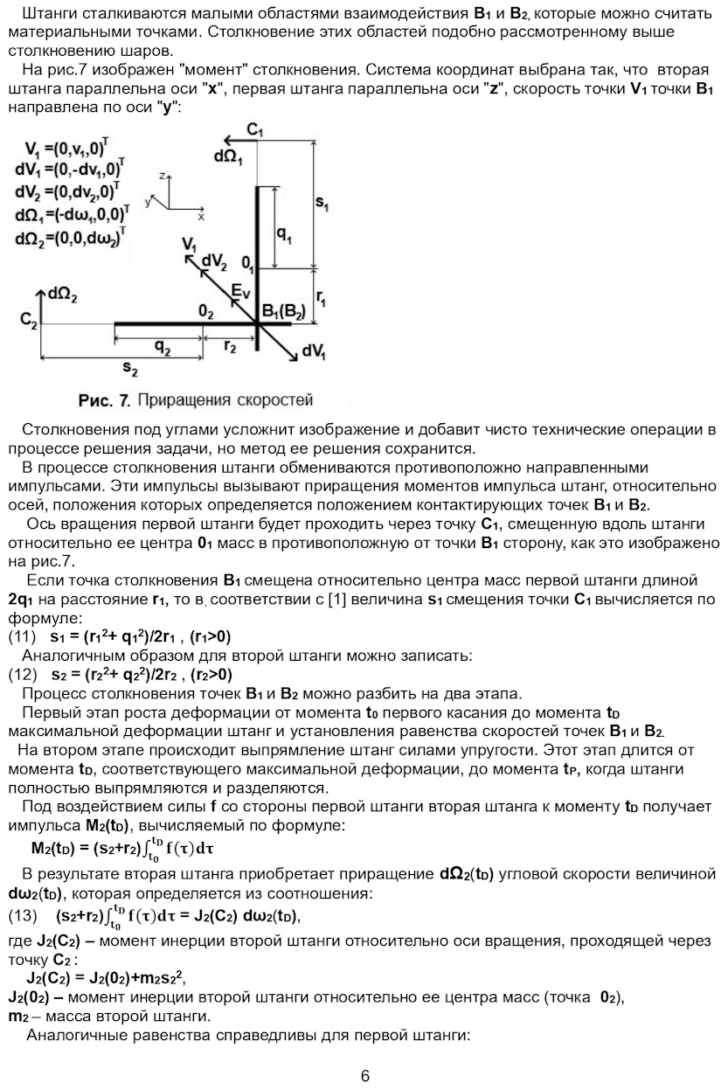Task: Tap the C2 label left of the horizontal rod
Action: tap(29, 321)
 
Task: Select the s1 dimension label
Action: tap(322, 204)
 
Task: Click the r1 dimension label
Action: tap(322, 299)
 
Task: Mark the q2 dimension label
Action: tap(163, 346)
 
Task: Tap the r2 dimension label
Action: tap(230, 346)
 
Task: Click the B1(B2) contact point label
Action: tap(284, 313)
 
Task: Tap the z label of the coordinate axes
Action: tap(163, 176)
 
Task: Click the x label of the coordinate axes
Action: tap(201, 214)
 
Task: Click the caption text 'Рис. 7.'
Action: tap(104, 400)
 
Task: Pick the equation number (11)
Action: tap(23, 635)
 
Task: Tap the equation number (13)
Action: tap(23, 916)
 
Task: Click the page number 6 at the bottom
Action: tap(364, 1076)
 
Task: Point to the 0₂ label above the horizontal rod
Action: tap(206, 311)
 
